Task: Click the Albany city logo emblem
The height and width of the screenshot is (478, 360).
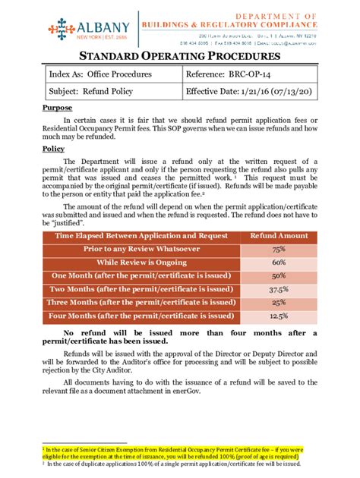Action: tap(62, 28)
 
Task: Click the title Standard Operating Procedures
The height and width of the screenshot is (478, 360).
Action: tap(180, 57)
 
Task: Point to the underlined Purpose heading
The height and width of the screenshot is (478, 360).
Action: tap(57, 108)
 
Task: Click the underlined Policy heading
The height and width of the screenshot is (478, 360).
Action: tap(54, 149)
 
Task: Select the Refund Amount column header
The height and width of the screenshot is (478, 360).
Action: tap(279, 237)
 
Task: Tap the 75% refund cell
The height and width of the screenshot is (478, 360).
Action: tap(279, 249)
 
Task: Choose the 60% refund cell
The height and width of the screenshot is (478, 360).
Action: tap(279, 262)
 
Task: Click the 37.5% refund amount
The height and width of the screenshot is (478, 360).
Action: tap(279, 289)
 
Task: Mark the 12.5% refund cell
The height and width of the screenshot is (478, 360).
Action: tap(279, 316)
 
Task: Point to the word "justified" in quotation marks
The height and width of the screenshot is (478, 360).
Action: tap(58, 225)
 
